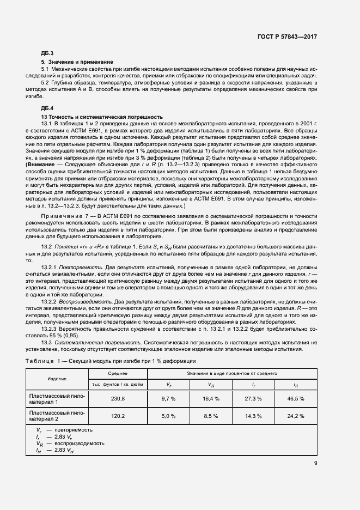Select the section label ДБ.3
[48, 53]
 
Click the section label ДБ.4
[48, 108]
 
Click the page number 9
[315, 464]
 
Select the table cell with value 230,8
[118, 399]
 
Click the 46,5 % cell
[296, 399]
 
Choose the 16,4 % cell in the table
[211, 399]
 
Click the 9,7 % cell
[168, 399]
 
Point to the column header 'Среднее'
[118, 373]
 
